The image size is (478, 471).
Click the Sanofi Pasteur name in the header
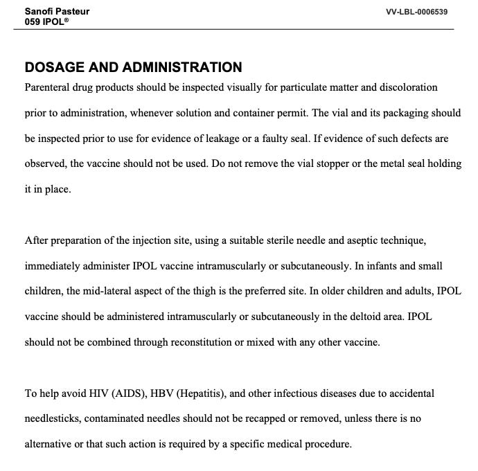[x=57, y=11]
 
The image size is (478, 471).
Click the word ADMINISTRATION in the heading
[x=182, y=68]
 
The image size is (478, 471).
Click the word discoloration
[x=409, y=88]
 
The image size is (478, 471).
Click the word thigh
[x=193, y=292]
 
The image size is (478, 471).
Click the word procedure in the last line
[x=327, y=444]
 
